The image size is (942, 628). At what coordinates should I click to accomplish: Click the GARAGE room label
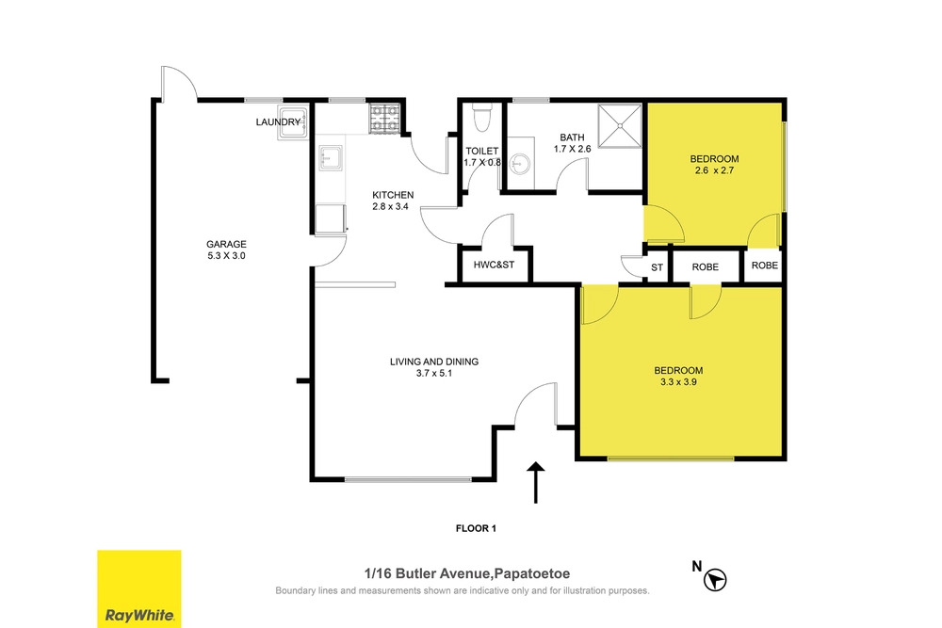[x=226, y=245]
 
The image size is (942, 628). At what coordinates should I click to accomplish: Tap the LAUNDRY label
[x=278, y=121]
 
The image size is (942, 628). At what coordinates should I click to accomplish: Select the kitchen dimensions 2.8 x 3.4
[x=391, y=206]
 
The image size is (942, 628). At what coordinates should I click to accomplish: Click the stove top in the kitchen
[x=384, y=119]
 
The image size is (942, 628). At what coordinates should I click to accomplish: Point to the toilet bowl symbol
[x=481, y=119]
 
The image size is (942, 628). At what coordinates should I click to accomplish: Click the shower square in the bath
[x=620, y=125]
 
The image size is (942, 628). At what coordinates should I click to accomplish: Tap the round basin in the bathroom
[x=519, y=163]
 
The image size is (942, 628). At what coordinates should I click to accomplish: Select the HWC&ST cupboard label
[x=494, y=265]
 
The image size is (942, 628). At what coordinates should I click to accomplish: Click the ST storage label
[x=657, y=267]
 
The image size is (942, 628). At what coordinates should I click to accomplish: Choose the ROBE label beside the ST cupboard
[x=706, y=267]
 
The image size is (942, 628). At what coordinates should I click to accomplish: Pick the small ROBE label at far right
[x=765, y=266]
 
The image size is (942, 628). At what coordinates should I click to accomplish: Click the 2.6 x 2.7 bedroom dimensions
[x=714, y=170]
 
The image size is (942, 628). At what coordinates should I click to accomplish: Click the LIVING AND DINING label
[x=434, y=362]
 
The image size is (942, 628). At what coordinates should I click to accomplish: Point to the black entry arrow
[x=535, y=482]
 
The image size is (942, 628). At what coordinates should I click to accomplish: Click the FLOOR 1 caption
[x=476, y=528]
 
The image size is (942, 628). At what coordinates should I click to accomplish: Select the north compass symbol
[x=714, y=580]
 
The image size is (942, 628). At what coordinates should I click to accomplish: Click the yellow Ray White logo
[x=139, y=589]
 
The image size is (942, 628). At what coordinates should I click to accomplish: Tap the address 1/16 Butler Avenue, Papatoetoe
[x=467, y=574]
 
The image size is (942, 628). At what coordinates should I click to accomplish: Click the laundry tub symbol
[x=293, y=122]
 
